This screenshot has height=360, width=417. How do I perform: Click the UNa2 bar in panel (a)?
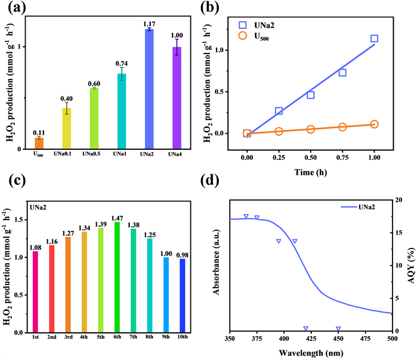pos(149,89)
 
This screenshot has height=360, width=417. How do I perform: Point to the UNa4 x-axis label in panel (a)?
pos(176,154)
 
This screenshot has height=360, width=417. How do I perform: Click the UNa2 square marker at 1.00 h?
pos(374,38)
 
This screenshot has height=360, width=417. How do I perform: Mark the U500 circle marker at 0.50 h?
pos(311,129)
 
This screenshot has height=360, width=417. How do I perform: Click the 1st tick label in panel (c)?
pos(35,338)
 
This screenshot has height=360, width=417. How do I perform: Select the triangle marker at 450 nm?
pos(338,329)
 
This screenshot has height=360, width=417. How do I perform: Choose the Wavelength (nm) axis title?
pos(311,353)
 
